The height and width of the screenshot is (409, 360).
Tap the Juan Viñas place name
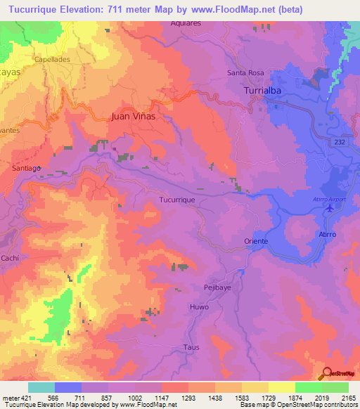(x=133, y=117)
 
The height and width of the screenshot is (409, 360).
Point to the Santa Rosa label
(x=245, y=73)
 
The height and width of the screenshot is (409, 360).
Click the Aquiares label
(x=186, y=22)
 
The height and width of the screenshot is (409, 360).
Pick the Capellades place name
(x=52, y=60)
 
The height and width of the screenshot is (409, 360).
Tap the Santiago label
(x=27, y=169)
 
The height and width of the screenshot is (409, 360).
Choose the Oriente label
(x=256, y=241)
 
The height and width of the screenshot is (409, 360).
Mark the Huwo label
(x=199, y=308)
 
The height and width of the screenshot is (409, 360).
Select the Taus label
(x=191, y=347)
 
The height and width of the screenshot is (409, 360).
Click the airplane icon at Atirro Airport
(x=330, y=208)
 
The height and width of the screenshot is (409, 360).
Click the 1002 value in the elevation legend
(x=136, y=398)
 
